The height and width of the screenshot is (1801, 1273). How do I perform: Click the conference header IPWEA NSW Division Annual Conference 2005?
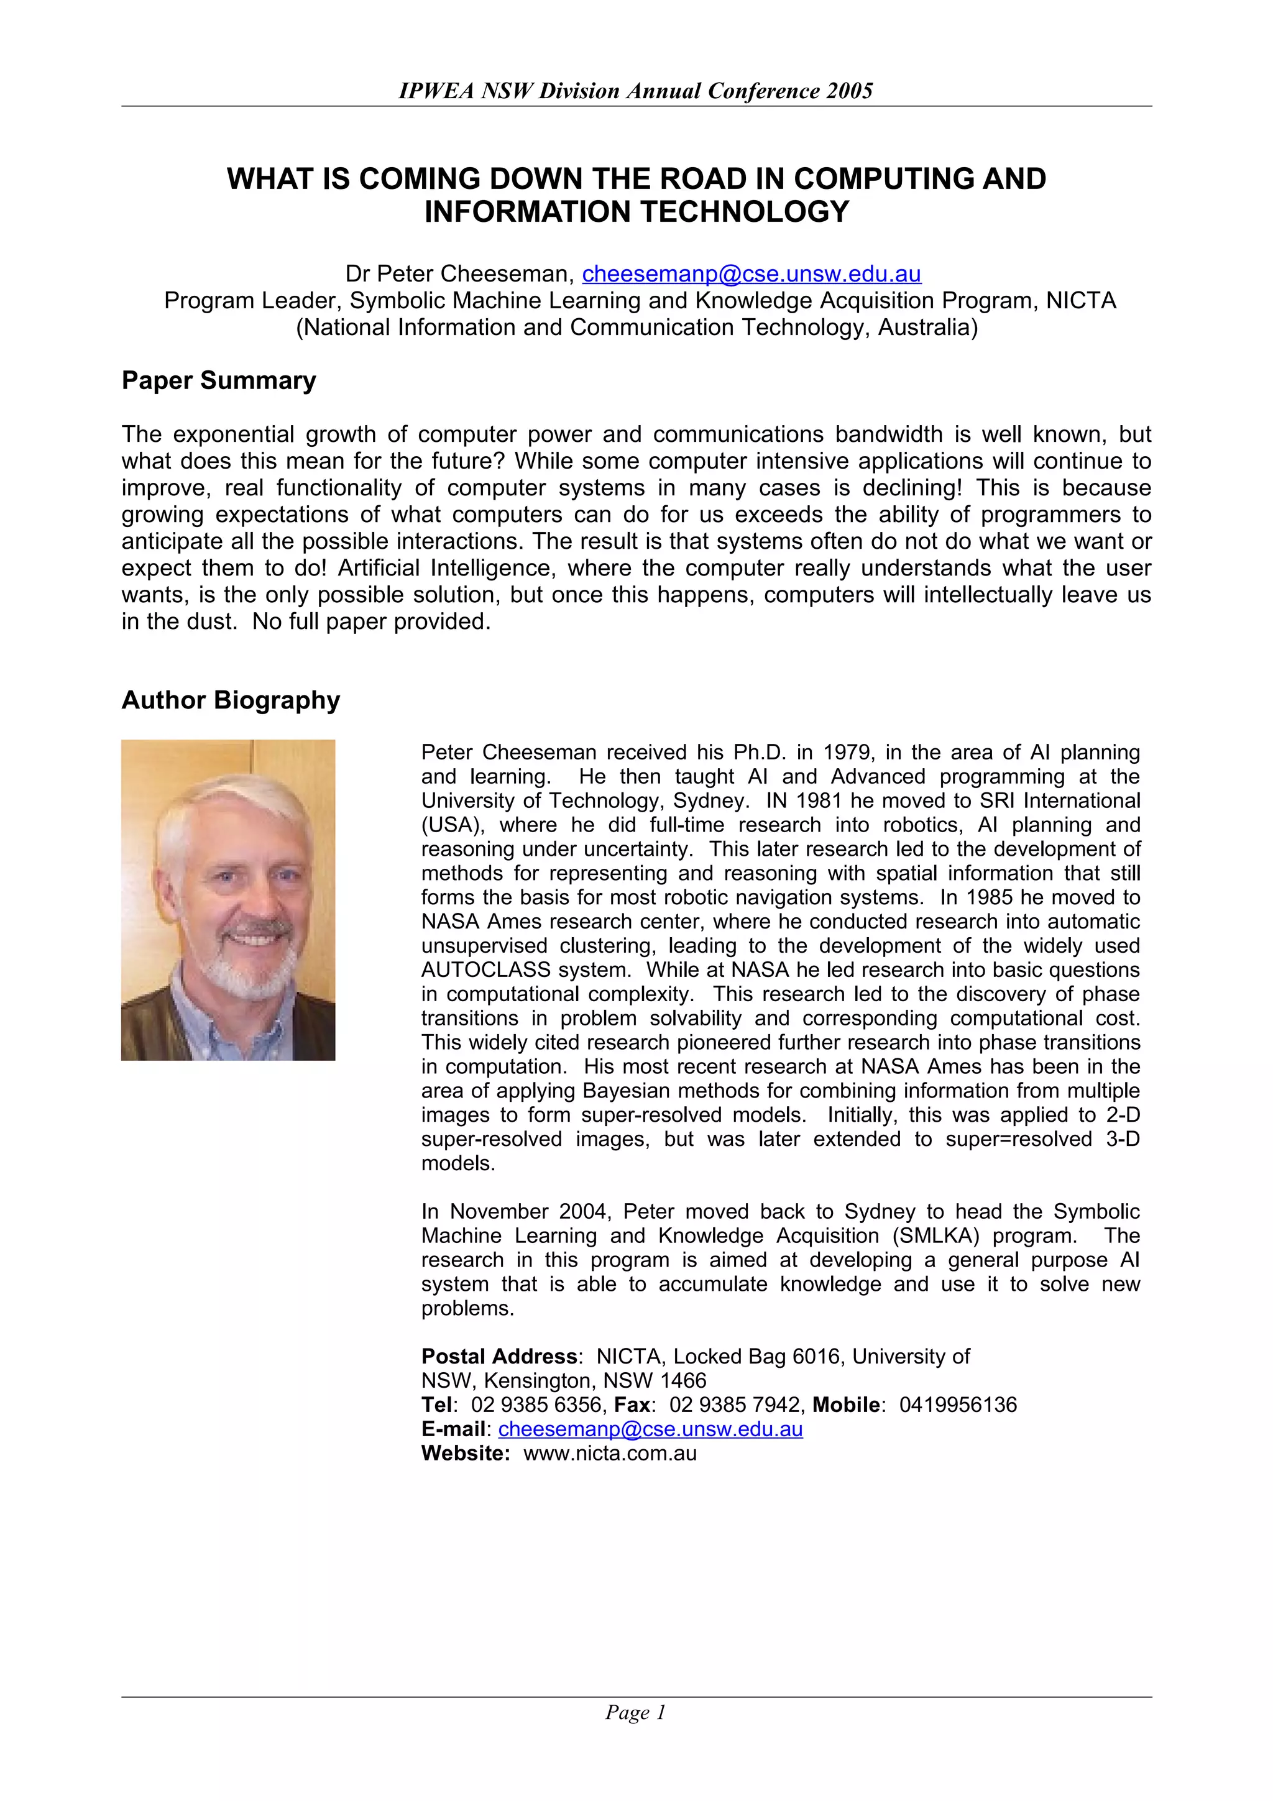click(635, 91)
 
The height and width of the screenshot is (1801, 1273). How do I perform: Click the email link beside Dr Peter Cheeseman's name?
click(751, 274)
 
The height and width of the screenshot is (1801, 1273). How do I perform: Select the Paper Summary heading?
click(218, 380)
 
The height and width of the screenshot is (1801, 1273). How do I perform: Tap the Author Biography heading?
click(231, 700)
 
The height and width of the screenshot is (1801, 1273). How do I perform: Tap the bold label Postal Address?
click(499, 1357)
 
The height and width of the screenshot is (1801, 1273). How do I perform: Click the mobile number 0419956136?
click(958, 1405)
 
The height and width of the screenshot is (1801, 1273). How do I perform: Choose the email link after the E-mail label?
click(650, 1429)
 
